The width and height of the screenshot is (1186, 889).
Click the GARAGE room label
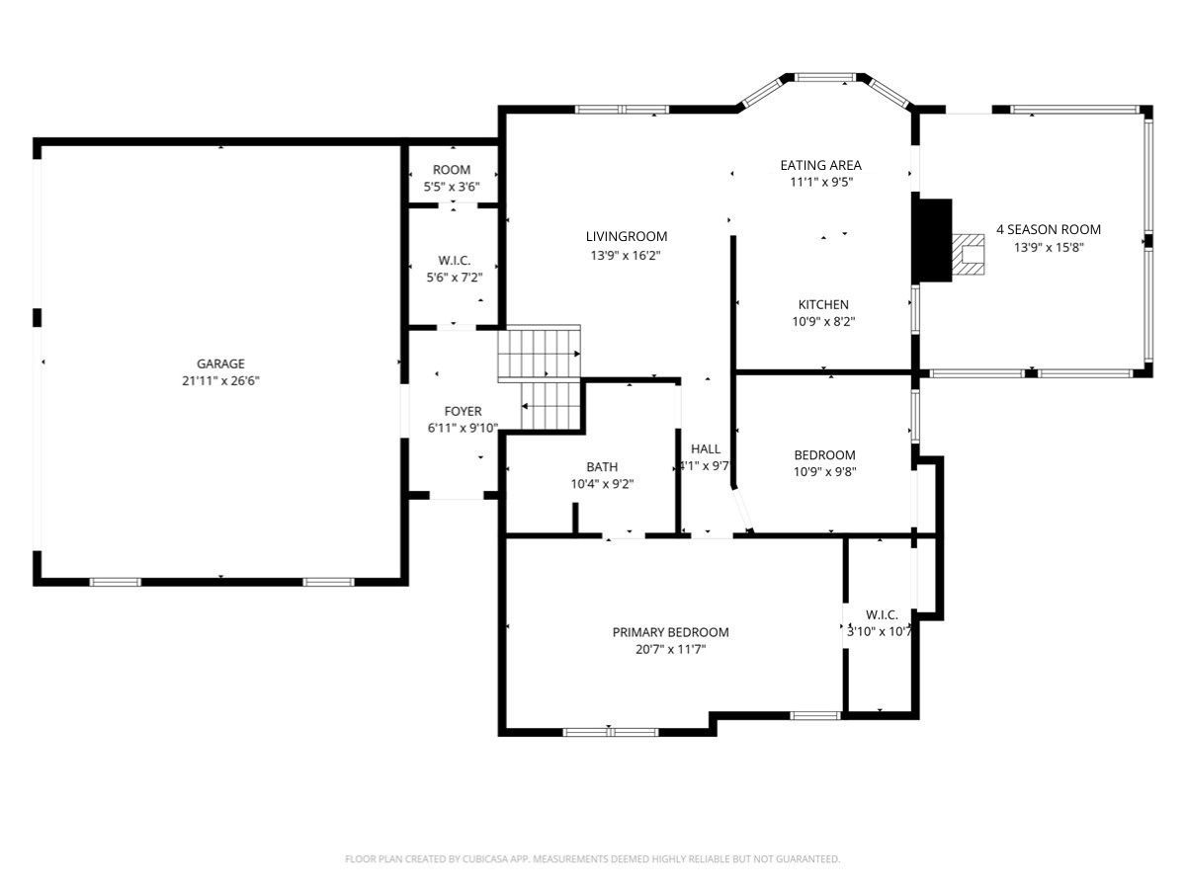tap(220, 364)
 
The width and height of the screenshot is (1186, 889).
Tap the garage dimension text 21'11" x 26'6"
tap(220, 380)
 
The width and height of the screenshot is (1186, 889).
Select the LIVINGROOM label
tap(627, 236)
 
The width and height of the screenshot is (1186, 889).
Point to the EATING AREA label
tap(820, 165)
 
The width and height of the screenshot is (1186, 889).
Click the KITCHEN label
tap(823, 304)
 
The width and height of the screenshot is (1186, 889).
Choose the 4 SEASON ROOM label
tap(1049, 229)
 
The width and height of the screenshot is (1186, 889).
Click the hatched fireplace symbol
tap(968, 254)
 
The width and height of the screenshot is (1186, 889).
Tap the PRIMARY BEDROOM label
tap(670, 632)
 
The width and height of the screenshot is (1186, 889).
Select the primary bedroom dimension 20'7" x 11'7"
tap(670, 649)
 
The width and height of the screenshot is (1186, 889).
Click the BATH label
tap(602, 467)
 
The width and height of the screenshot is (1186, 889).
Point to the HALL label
tap(705, 449)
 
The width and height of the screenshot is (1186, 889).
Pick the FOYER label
tap(463, 411)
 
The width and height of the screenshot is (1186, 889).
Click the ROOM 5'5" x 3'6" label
tap(452, 178)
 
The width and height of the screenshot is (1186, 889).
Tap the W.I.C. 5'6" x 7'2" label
tap(454, 269)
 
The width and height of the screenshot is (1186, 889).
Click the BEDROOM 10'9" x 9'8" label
tap(824, 463)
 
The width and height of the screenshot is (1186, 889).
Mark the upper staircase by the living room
tap(539, 354)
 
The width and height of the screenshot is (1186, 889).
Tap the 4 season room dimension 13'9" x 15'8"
tap(1049, 247)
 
